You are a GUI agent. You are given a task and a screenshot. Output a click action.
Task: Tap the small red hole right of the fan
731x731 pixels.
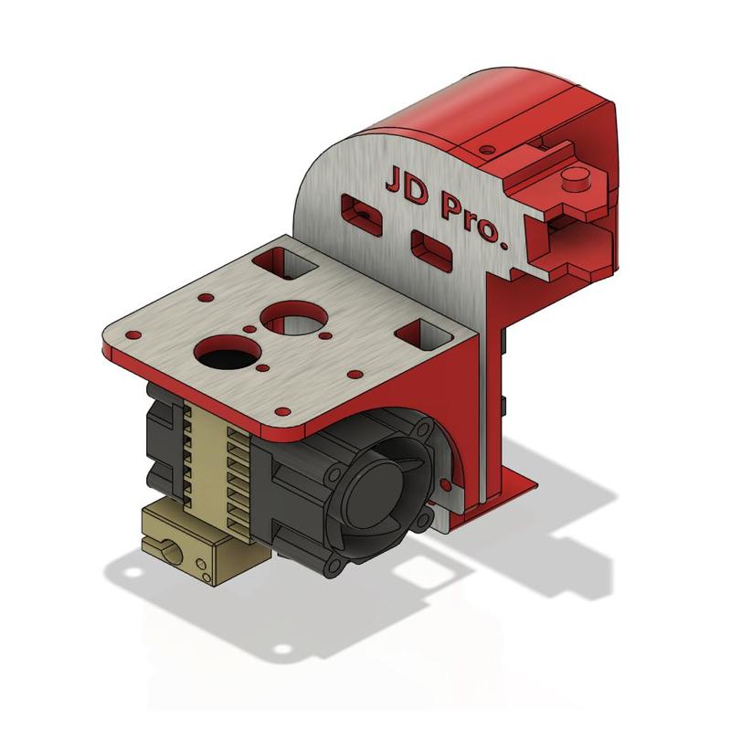(x=446, y=482)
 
